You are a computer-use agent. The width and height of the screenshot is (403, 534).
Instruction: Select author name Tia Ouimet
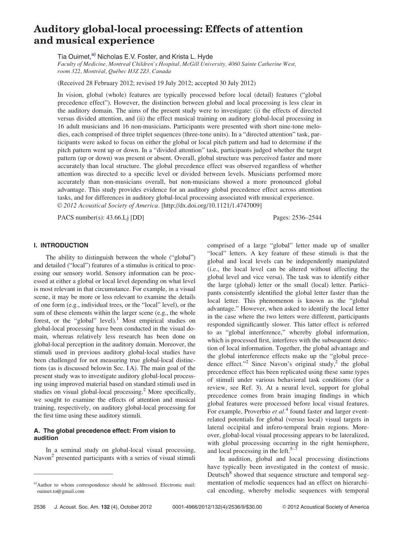click(x=74, y=57)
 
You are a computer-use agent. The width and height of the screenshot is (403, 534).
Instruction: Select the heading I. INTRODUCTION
click(x=61, y=245)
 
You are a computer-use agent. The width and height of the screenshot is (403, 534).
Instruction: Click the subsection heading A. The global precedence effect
click(x=104, y=431)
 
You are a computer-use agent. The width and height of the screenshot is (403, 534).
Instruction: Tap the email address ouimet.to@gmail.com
click(x=61, y=491)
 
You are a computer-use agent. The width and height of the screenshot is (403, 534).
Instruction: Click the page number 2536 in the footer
click(x=40, y=507)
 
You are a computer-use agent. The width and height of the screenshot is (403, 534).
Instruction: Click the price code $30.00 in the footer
click(x=254, y=507)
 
